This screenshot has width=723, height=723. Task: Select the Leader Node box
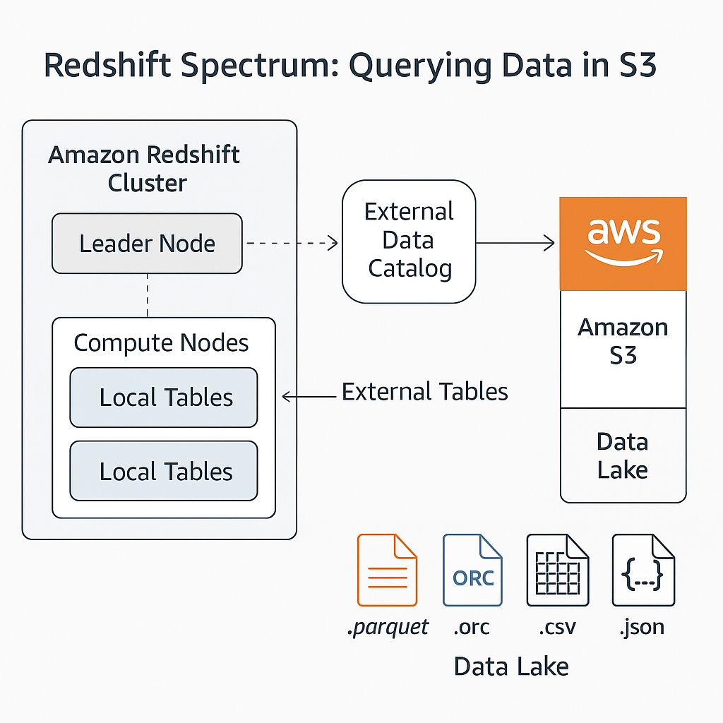pos(147,244)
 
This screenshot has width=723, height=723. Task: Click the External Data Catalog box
pos(409,241)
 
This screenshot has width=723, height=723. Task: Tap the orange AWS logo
pos(623,244)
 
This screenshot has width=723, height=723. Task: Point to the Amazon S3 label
pos(623,341)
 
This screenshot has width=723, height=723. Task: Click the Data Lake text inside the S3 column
pos(623,455)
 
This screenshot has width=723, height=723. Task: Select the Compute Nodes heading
pos(162,343)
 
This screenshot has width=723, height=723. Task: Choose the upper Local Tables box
pos(164,398)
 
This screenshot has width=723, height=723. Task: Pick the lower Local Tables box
pos(164,471)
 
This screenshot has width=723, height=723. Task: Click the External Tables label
pos(425,392)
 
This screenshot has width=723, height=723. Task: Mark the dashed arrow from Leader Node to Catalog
pos(292,244)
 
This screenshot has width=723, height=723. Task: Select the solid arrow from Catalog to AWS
pos(515,244)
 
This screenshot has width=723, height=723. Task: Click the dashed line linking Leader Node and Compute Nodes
pos(147,295)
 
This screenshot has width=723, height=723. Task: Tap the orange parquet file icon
pos(387,570)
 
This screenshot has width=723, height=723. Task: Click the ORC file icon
pos(472,570)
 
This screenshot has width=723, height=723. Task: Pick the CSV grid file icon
pos(557,570)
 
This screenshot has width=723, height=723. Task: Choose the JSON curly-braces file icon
pos(643,570)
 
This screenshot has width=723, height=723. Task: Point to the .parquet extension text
pos(388,627)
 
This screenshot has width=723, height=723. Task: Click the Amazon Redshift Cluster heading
pos(145,169)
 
